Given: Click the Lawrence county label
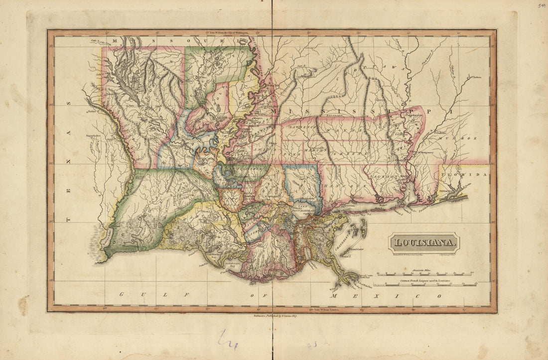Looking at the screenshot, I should point(298,128).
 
